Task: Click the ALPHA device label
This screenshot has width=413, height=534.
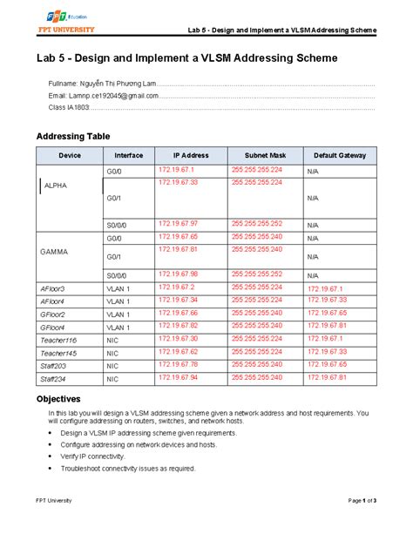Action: pos(55,186)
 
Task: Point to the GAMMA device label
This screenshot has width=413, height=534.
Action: pos(54,251)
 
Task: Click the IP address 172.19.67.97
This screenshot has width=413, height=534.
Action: pos(177,224)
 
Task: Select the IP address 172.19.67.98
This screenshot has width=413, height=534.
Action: pos(177,274)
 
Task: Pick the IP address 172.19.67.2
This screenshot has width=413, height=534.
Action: pos(174,287)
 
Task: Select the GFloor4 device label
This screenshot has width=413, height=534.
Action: pos(53,328)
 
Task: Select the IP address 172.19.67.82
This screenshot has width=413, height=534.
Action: pos(177,325)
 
